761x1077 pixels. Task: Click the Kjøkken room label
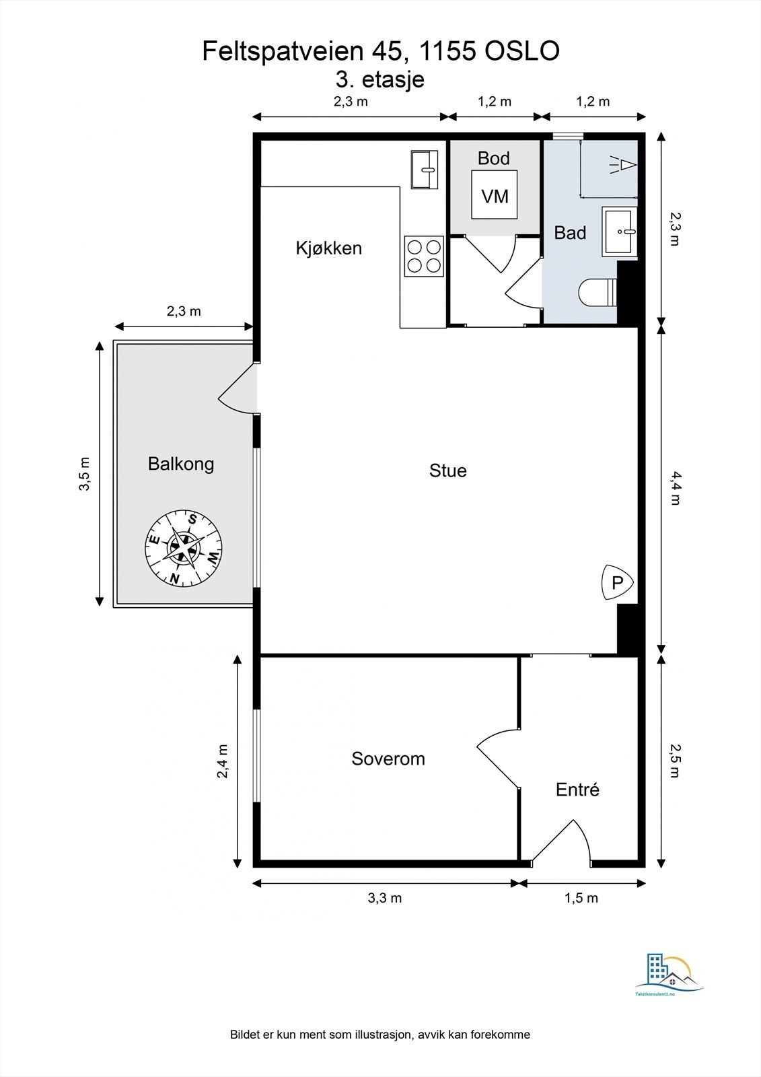[x=329, y=248]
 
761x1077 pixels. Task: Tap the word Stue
[x=448, y=471]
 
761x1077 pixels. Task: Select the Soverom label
[x=388, y=758]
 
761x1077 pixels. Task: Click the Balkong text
[x=181, y=464]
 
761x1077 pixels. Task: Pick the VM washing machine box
[x=495, y=195]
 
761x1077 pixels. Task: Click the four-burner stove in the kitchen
[x=423, y=256]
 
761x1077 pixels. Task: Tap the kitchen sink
[x=425, y=170]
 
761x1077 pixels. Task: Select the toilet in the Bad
[x=597, y=292]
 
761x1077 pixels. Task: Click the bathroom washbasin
[x=620, y=232]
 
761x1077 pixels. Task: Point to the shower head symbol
[x=623, y=164]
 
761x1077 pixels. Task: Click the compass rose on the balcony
[x=184, y=548]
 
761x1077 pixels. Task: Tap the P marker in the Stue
[x=617, y=582]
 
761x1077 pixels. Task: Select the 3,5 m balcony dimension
[x=84, y=474]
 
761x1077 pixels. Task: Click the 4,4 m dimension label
[x=676, y=489]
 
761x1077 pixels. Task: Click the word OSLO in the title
[x=522, y=50]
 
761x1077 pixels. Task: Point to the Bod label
[x=494, y=158]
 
